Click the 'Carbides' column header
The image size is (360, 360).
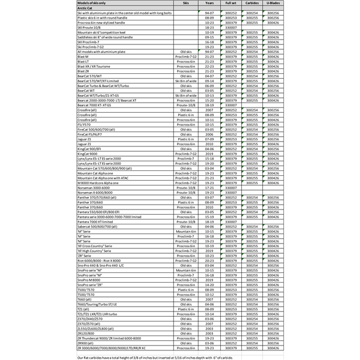click(253, 4)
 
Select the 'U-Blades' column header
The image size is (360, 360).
click(273, 4)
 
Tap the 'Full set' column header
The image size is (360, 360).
click(231, 4)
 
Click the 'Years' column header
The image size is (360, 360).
click(209, 4)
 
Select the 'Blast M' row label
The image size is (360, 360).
click(83, 56)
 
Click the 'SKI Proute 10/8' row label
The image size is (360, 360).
click(90, 27)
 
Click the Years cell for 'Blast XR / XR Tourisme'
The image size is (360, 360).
click(209, 65)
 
